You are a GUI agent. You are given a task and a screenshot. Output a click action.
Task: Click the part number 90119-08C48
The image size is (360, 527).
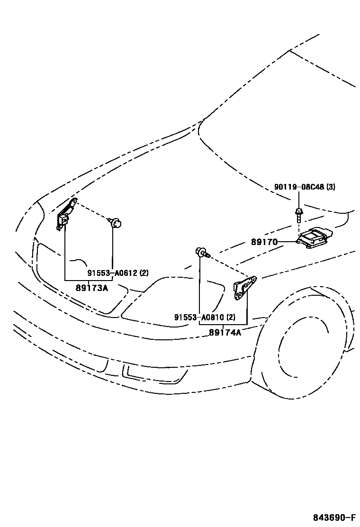[299, 187]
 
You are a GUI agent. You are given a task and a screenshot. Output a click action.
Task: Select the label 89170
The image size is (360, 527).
[264, 242]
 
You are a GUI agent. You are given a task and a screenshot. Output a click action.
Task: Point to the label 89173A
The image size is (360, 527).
[92, 287]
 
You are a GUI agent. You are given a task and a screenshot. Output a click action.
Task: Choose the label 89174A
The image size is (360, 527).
[225, 332]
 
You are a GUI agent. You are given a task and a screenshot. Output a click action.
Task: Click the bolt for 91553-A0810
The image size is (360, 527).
[201, 252]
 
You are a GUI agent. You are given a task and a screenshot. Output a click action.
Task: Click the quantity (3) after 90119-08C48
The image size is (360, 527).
[331, 187]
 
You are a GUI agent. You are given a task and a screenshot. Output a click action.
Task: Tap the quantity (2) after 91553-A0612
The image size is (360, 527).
[144, 273]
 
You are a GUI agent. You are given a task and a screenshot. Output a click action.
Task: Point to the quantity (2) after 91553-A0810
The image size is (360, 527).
[231, 318]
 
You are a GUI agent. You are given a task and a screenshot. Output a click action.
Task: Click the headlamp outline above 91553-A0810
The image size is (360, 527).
[175, 299]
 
